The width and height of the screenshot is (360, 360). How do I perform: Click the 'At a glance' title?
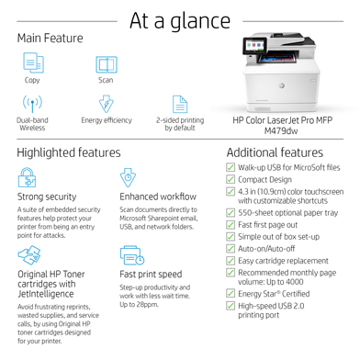coord(180,19)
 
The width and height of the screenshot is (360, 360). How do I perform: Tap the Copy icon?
coord(33,63)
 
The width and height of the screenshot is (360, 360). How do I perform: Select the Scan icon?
coord(107,63)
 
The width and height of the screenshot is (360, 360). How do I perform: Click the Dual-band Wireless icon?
coord(33,103)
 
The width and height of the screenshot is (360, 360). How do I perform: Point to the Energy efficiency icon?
coord(107,103)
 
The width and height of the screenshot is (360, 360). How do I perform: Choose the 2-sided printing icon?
coord(179,103)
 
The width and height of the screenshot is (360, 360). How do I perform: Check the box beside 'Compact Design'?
coord(231,180)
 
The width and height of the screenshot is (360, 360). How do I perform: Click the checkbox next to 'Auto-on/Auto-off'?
coord(231,249)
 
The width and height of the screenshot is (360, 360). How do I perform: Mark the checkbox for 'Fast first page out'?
coord(231,224)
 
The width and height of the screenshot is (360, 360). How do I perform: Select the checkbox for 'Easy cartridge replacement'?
coord(231,261)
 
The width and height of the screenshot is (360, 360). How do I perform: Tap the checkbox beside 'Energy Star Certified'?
coord(231,293)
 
